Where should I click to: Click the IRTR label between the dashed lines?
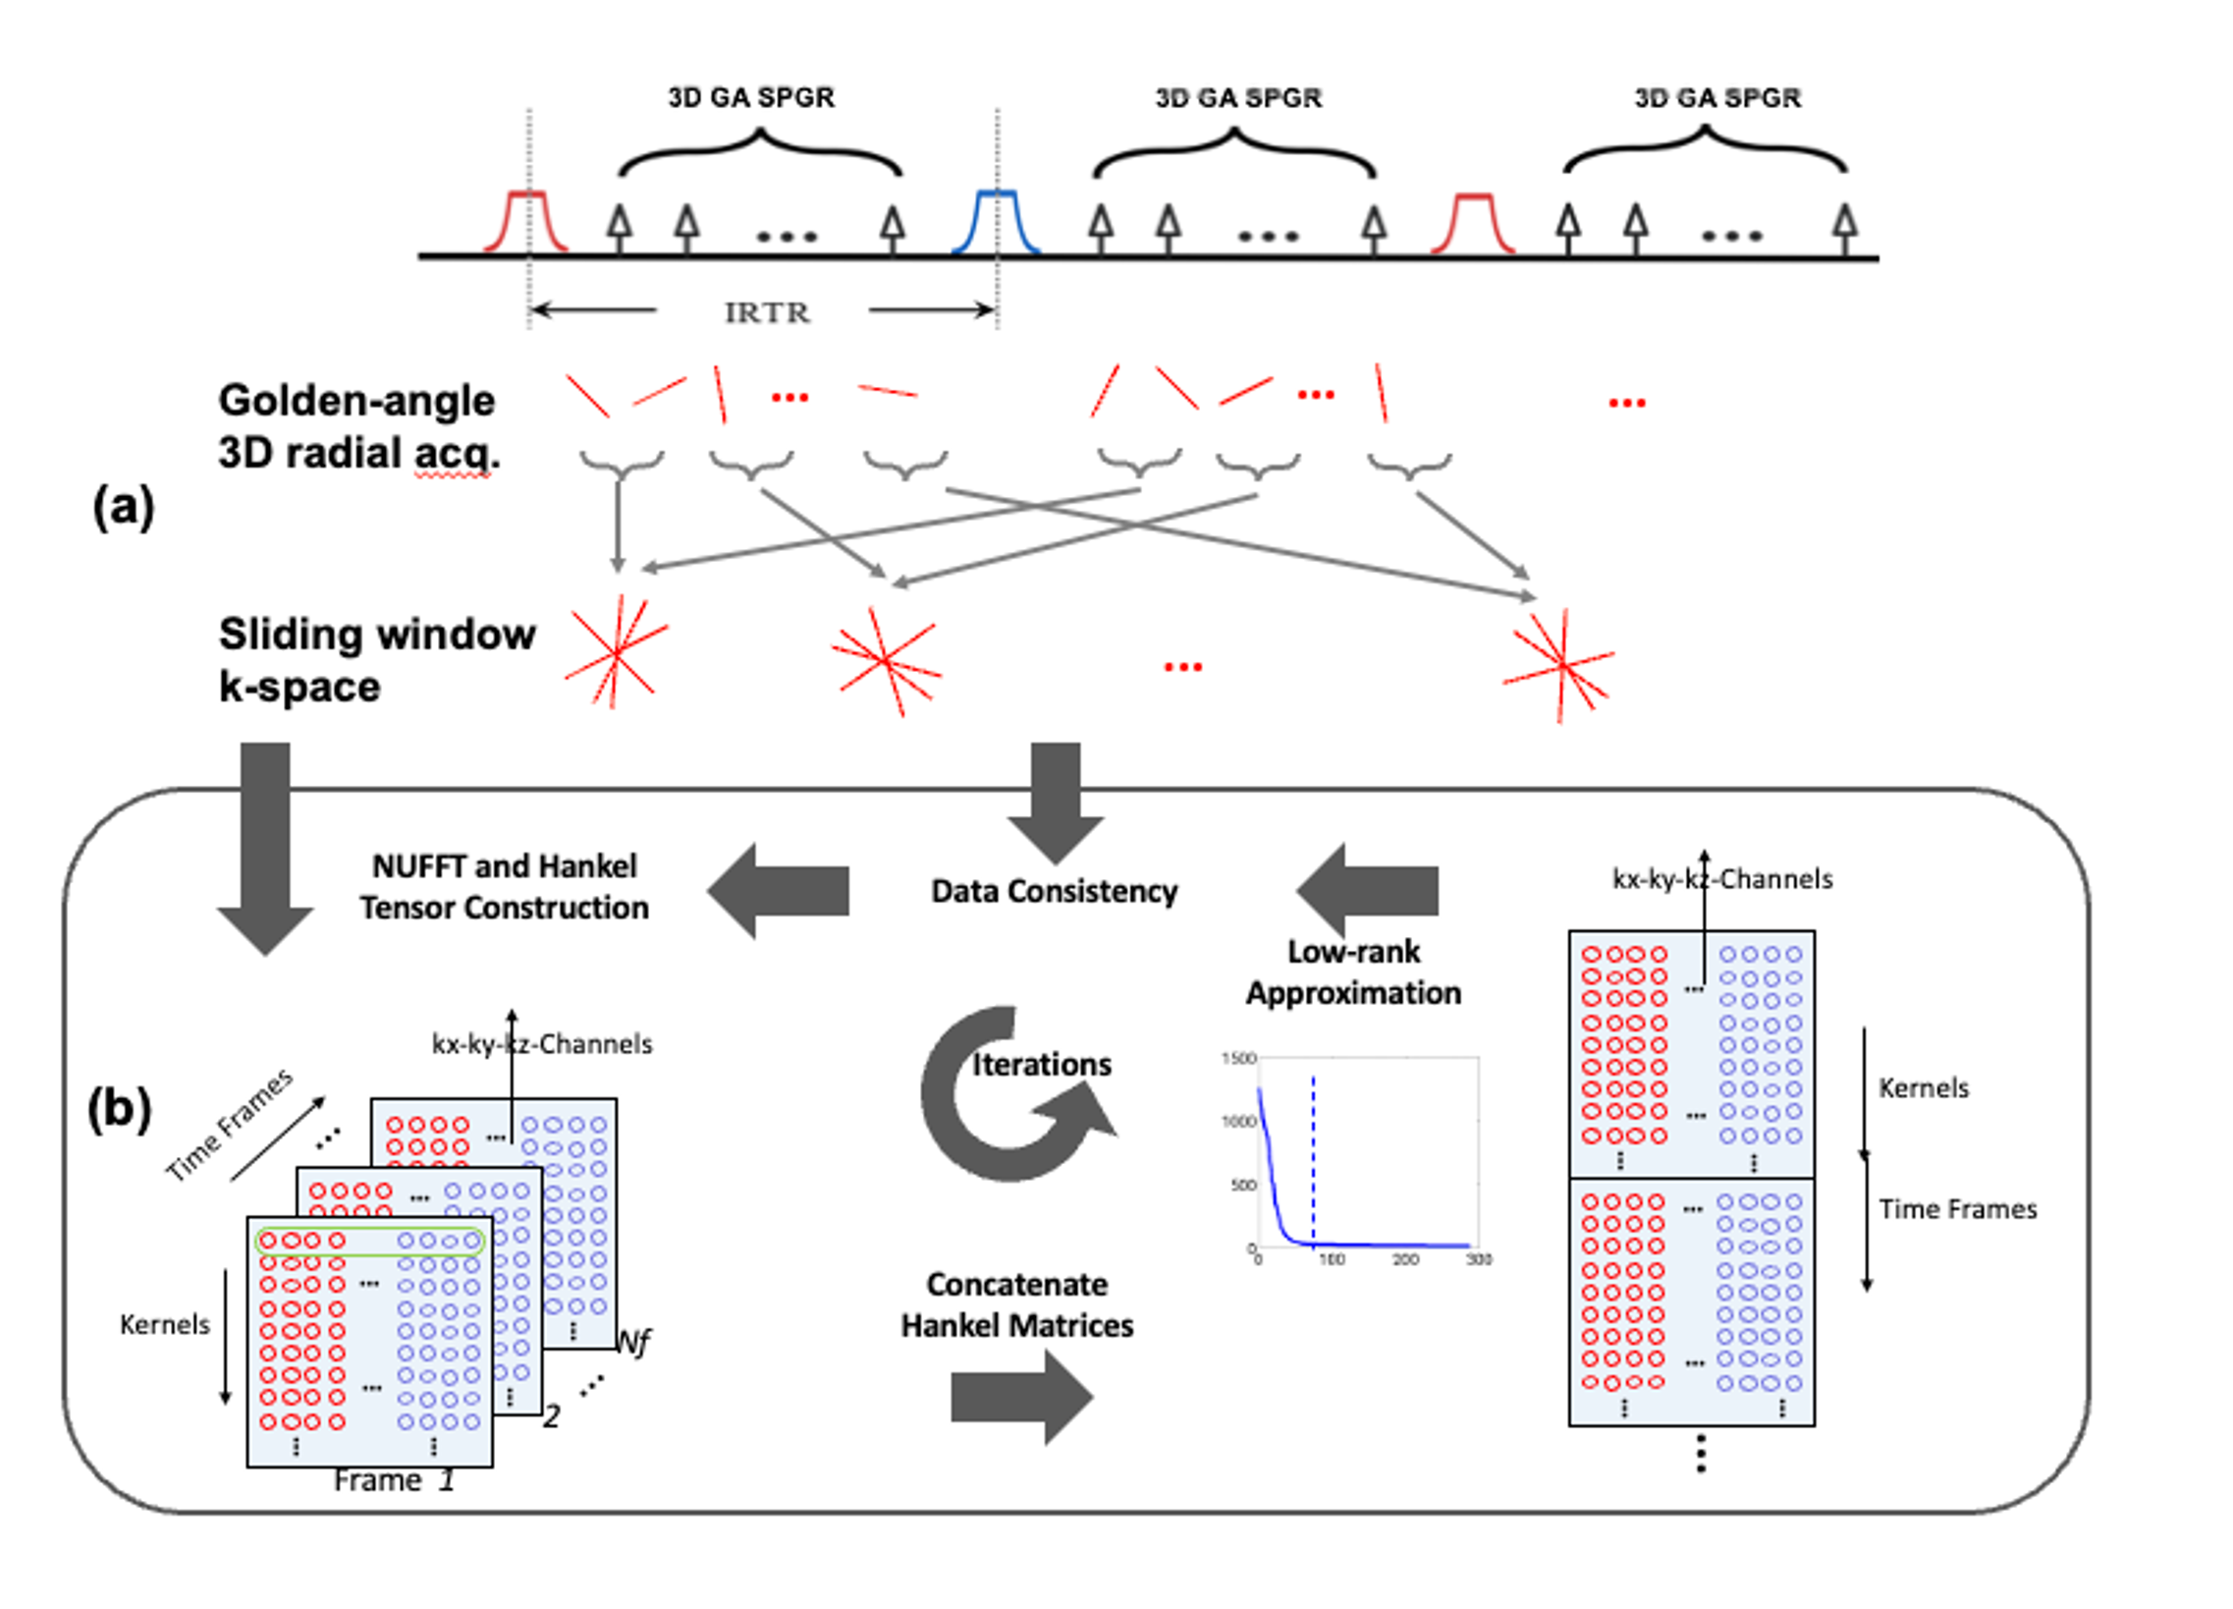coord(767,313)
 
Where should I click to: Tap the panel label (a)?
coord(123,508)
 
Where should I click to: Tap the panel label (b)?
coord(119,1109)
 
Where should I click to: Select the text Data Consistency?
coord(1055,891)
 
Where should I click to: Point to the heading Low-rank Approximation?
coord(1354,971)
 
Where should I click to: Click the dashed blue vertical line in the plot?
coord(1314,1162)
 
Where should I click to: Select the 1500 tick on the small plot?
coord(1238,1059)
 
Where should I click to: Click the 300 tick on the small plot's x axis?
coord(1478,1259)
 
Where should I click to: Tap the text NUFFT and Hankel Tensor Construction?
coord(504,887)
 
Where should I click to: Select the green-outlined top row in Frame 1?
coord(369,1241)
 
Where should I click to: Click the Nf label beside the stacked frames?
coord(633,1342)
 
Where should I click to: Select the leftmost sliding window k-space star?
coord(617,653)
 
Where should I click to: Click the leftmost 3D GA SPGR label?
coord(751,97)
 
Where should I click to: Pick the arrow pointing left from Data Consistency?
coord(778,890)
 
